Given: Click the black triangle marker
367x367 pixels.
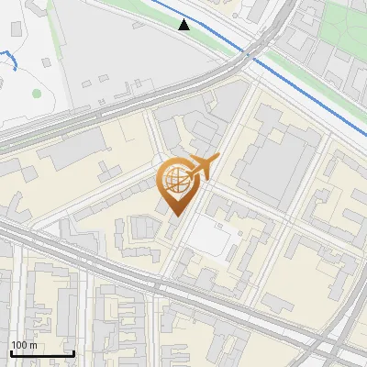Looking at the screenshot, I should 184,25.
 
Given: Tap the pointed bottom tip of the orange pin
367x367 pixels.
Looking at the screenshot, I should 177,217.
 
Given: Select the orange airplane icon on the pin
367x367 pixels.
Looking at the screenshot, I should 205,166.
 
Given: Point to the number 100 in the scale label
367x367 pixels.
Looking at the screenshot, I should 17,345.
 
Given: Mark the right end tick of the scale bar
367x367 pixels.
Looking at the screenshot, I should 74,353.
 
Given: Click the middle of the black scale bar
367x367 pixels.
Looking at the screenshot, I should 41,354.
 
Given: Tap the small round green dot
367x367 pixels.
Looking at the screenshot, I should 37,93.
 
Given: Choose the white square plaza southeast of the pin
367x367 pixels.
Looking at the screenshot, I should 210,239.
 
